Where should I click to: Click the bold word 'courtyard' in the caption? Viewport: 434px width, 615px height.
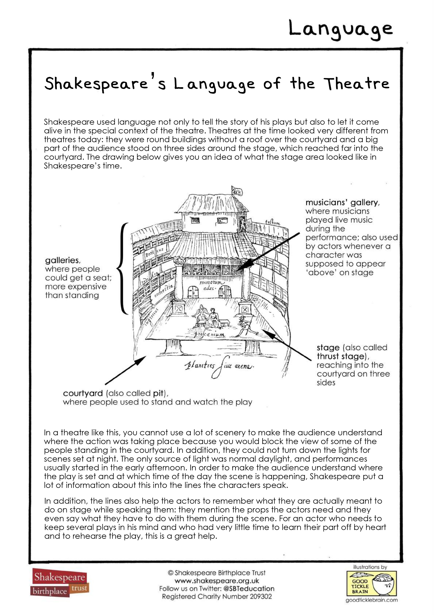[x=83, y=393]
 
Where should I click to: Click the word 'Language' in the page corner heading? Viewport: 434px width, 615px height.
[x=340, y=30]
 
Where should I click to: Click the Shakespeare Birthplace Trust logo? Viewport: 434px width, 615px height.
[x=60, y=585]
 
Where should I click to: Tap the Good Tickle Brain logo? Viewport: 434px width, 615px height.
[x=371, y=587]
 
